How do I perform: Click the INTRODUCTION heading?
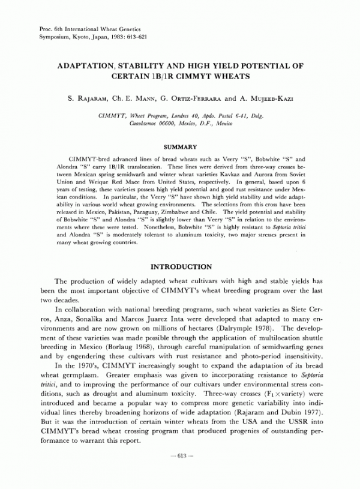click(180, 266)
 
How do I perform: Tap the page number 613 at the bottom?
click(180, 474)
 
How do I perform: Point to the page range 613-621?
click(136, 37)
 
